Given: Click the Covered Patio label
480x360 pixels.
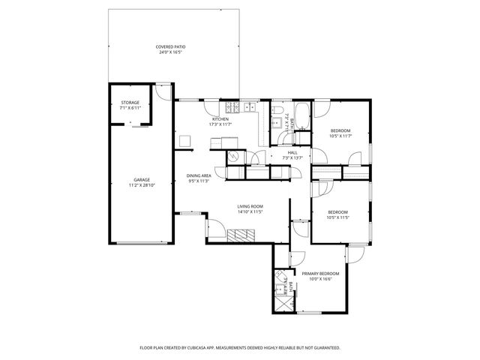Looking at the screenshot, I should point(171,47).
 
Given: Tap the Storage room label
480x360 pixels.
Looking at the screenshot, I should point(130,103).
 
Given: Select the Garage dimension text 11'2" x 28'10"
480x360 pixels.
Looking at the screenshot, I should point(142,185).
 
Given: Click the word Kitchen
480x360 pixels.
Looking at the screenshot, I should point(220,119).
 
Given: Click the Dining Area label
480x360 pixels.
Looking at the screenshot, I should point(199,175).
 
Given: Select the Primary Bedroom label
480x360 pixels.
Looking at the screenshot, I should point(320,274).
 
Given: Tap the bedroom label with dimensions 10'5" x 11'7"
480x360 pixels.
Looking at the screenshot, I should point(340,130).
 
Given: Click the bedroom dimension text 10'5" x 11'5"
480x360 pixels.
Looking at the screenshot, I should point(337,217).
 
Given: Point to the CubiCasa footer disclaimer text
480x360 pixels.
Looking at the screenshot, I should point(240,348).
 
